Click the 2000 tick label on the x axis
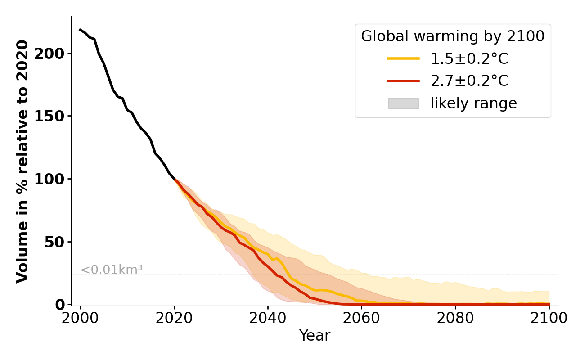coord(80,318)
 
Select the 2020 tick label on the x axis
coord(174,318)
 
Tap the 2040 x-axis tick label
coord(268,318)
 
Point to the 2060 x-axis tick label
coord(361,318)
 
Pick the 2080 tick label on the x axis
coord(455,318)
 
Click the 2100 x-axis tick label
coord(549,318)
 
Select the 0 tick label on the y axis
coord(60,305)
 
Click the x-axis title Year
coord(315,336)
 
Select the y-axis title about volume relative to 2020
coord(22,161)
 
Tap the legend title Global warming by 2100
coord(453,36)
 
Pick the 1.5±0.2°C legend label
coord(469,59)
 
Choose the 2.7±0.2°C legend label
coord(469,81)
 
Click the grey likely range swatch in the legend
coord(403,103)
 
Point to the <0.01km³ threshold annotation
coord(112,270)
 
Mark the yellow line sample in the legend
coord(403,58)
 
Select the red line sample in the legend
coord(403,81)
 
